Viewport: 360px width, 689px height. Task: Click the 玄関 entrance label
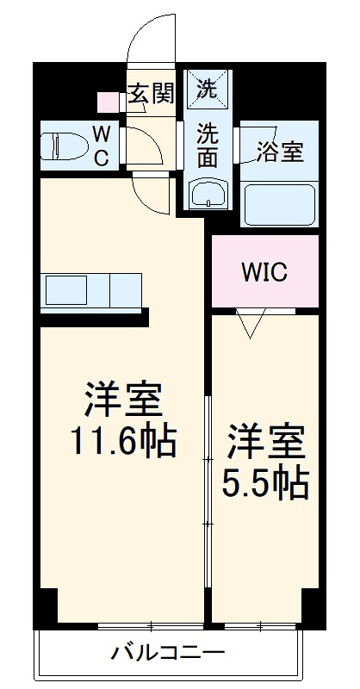(151, 94)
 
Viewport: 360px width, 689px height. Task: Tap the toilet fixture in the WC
(61, 146)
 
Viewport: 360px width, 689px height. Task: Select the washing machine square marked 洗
(207, 87)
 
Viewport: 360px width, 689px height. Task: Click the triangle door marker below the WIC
(251, 324)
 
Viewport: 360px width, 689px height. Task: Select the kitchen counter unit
(90, 291)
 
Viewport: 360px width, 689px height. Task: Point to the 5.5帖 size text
(265, 485)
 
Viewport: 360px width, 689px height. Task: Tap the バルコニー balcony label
(168, 652)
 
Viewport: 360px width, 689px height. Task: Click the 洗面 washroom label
(207, 145)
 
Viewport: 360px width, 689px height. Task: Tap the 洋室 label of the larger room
(122, 399)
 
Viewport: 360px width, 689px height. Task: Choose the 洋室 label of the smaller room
(265, 442)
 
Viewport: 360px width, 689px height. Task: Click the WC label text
(101, 146)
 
